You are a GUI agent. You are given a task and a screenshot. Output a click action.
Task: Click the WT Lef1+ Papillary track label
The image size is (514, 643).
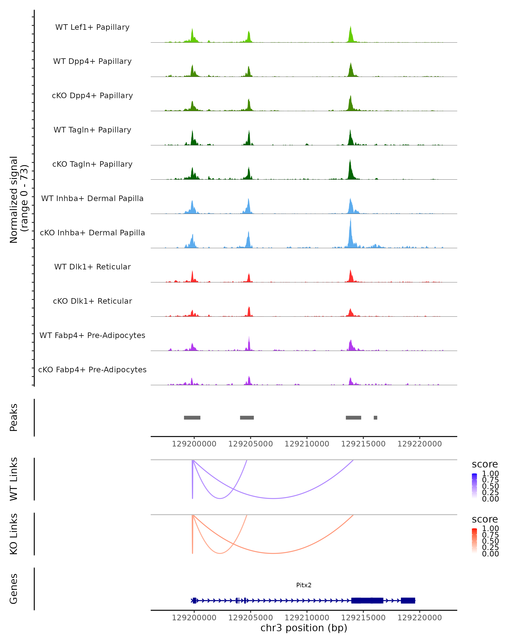92,27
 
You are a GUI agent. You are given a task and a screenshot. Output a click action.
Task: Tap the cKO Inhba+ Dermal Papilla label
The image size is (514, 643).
92,233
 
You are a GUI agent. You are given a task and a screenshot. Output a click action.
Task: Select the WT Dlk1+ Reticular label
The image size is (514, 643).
92,267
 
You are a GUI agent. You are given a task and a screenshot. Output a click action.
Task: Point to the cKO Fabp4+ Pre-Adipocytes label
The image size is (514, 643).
92,370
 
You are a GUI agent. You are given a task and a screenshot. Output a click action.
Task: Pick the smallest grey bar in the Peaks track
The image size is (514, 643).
375,418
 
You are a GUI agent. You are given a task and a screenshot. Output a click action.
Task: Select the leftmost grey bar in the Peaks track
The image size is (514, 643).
192,418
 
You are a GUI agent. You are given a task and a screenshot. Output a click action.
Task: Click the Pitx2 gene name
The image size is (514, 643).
304,585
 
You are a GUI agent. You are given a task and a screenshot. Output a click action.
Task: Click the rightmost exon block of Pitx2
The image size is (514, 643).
408,600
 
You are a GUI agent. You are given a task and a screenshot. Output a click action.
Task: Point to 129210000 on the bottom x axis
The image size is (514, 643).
307,618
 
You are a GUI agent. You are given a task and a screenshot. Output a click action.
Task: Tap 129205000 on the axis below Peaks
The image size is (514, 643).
251,444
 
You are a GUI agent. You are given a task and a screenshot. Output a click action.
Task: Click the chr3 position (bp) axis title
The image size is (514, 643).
304,628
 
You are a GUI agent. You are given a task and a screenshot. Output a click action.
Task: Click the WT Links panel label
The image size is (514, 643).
14,479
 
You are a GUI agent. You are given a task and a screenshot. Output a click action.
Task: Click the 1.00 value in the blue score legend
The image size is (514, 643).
490,474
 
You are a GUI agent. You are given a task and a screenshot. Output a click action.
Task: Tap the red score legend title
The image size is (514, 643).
485,519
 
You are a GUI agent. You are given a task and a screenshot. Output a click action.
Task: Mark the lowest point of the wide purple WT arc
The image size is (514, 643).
273,498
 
